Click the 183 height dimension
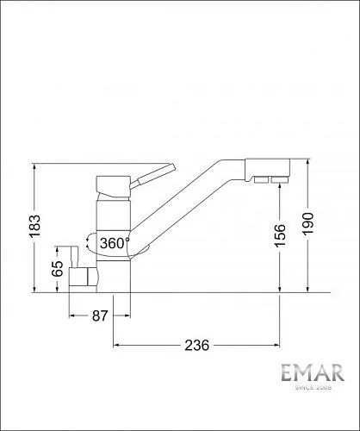tap(35, 226)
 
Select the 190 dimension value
tap(308, 223)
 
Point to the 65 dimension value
tap(58, 268)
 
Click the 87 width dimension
tap(100, 315)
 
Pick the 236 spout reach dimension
tap(197, 345)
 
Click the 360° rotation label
tap(115, 243)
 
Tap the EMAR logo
tap(313, 372)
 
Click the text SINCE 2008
tap(313, 388)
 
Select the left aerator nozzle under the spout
tap(261, 180)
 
